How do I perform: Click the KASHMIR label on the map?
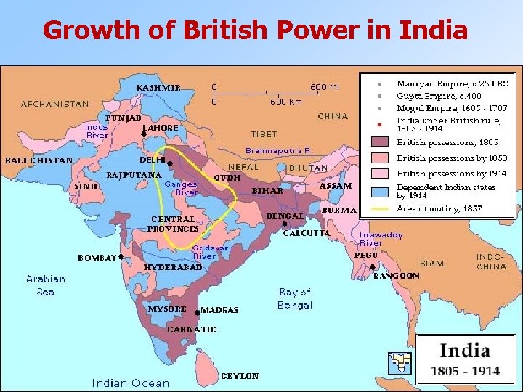pyautogui.click(x=158, y=88)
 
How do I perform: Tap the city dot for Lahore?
pyautogui.click(x=143, y=134)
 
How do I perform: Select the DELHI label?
pyautogui.click(x=152, y=160)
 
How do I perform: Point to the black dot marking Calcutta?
pyautogui.click(x=284, y=225)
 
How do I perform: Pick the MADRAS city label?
pyautogui.click(x=219, y=310)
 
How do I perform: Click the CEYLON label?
pyautogui.click(x=240, y=376)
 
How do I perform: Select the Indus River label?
pyautogui.click(x=97, y=131)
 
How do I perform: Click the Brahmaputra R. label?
pyautogui.click(x=278, y=150)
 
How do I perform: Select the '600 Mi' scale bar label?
pyautogui.click(x=325, y=87)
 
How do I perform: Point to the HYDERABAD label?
pyautogui.click(x=173, y=267)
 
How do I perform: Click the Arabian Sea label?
pyautogui.click(x=45, y=285)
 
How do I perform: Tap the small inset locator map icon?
pyautogui.click(x=400, y=362)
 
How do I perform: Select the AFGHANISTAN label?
pyautogui.click(x=55, y=104)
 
